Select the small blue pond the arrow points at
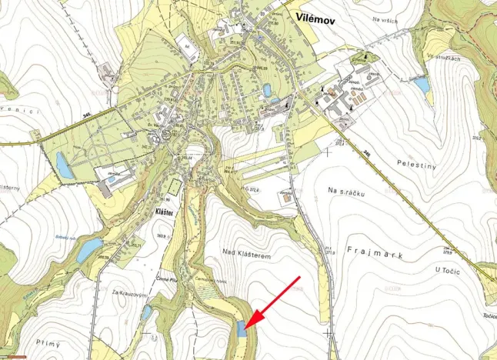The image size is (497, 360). click(x=242, y=328)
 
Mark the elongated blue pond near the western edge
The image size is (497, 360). click(x=65, y=165)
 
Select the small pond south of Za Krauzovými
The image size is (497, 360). click(x=146, y=312)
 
